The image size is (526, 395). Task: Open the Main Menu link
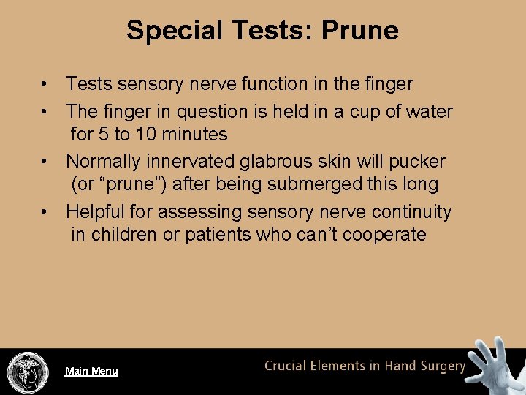[x=91, y=371]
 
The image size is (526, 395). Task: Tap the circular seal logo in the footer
[x=28, y=372]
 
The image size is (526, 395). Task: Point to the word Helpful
[x=96, y=212]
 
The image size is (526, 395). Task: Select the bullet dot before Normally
[x=45, y=161]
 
